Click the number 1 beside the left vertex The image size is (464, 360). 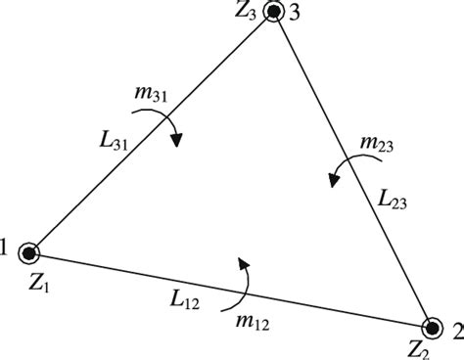pyautogui.click(x=7, y=251)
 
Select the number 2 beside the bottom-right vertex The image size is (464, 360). pyautogui.click(x=453, y=331)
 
